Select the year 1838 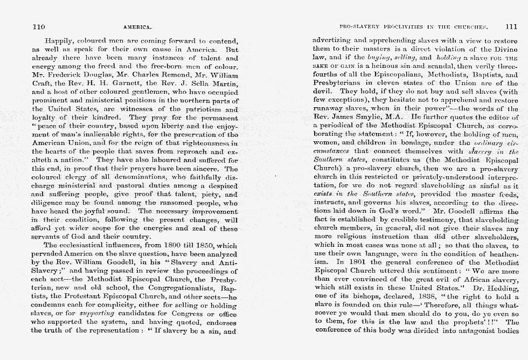coord(394,296)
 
